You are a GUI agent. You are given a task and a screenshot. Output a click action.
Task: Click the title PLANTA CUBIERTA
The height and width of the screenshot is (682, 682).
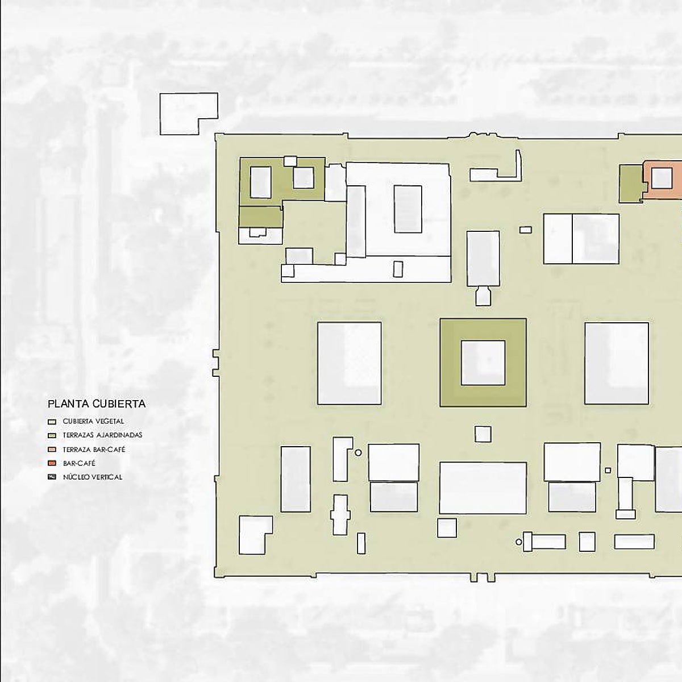point(97,404)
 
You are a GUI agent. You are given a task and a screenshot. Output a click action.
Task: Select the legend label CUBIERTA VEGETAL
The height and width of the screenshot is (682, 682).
point(93,422)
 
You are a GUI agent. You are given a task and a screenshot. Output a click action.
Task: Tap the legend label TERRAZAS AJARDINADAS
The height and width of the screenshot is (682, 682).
point(102,435)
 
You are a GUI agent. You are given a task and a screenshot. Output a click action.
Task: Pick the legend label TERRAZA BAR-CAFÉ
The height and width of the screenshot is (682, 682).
point(94,450)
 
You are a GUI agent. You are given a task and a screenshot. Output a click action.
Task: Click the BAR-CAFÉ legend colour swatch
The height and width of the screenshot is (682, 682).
point(52,463)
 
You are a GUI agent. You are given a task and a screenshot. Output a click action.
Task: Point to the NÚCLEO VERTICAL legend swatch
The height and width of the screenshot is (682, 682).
point(52,477)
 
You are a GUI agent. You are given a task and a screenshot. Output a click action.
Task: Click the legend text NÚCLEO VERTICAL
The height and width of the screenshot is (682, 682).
point(93,477)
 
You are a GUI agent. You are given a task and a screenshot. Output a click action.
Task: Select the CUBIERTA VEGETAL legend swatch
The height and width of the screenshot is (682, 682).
point(52,422)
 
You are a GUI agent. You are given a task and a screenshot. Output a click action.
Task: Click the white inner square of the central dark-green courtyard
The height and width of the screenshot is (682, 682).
point(483,363)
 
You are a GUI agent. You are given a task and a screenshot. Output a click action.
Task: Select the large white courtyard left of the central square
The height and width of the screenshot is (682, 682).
point(350,363)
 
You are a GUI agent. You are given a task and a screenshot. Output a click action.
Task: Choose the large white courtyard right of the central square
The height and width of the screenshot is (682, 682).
point(617,363)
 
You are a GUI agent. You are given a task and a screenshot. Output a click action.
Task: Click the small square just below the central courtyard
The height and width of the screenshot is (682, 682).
point(483,434)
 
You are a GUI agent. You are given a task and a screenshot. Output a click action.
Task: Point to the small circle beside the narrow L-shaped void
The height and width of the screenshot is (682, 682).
point(358,452)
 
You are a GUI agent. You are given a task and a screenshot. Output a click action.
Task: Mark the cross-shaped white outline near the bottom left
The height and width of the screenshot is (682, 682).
point(340,515)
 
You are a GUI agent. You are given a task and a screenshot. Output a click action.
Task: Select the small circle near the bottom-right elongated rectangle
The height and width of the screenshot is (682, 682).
point(519,542)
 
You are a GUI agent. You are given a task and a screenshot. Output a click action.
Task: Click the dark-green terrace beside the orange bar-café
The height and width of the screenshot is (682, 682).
point(630,184)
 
